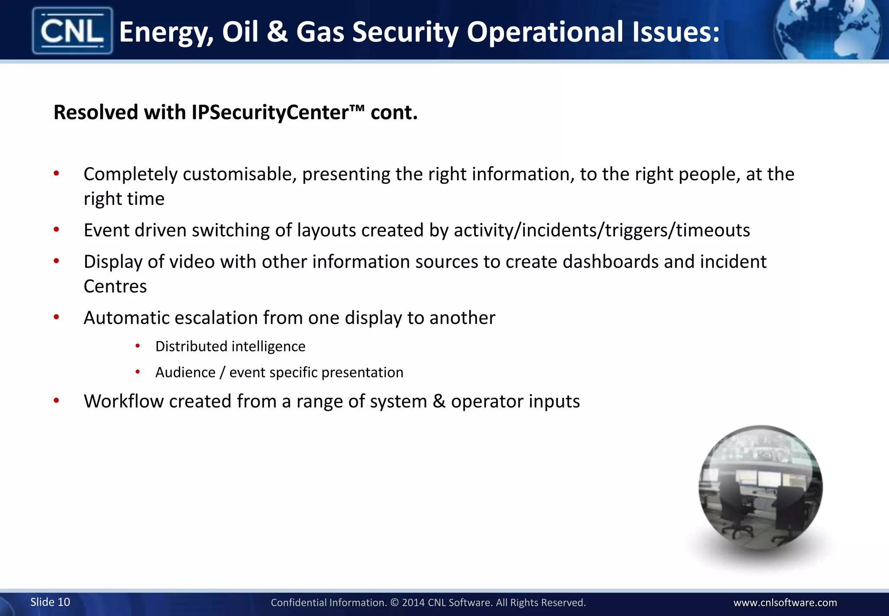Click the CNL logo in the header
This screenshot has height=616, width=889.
pos(72,31)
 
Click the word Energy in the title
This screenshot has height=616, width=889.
pos(166,33)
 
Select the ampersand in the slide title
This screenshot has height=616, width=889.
pos(277,32)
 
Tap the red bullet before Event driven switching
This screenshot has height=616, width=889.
pos(56,229)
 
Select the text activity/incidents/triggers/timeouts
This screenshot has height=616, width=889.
pos(602,230)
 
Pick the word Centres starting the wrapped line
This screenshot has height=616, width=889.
pos(115,287)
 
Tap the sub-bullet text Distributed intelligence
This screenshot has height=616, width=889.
pos(230,347)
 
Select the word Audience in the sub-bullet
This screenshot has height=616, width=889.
pos(185,373)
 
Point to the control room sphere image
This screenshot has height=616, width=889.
pos(760,488)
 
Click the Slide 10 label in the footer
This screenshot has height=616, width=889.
pos(50,602)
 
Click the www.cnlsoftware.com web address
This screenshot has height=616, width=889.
pos(785,603)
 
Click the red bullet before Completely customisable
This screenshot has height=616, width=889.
pos(56,174)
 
